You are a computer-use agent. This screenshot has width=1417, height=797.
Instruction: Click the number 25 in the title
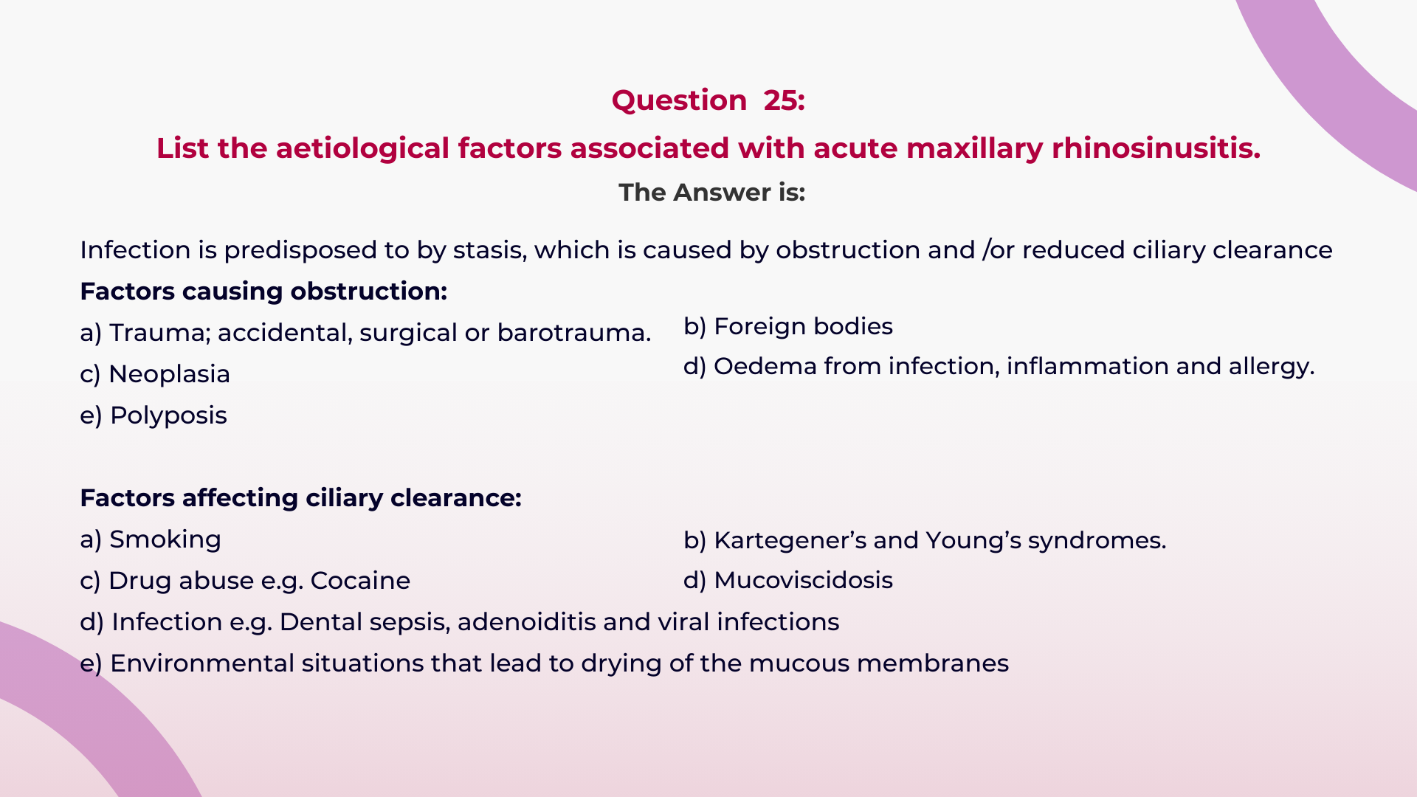coord(782,100)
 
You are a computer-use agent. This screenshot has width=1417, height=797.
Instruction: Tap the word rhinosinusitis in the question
coord(1156,148)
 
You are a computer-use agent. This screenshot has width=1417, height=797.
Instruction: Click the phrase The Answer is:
coord(711,193)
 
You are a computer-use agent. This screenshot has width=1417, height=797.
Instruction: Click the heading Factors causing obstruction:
coord(263,291)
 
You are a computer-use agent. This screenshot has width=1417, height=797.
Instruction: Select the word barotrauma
coord(573,333)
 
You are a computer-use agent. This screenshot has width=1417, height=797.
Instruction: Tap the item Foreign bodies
coord(803,326)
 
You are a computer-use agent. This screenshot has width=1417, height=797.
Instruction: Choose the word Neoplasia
coord(169,374)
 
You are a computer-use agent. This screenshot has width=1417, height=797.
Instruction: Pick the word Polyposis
coord(168,415)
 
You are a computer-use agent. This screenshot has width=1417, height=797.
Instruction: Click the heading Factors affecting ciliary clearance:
coord(300,498)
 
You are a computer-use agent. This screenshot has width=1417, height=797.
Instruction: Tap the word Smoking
coord(165,539)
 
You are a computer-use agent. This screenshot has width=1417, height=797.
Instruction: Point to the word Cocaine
coord(360,581)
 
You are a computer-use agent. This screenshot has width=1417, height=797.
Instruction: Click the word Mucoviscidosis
coord(803,580)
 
